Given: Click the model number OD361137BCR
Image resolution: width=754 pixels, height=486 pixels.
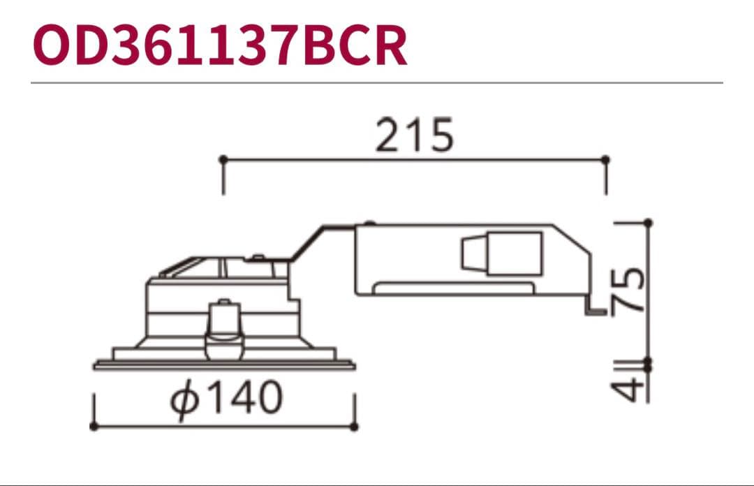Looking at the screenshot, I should tap(219, 46).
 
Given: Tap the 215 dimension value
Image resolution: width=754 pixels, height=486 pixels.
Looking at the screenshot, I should tap(415, 135).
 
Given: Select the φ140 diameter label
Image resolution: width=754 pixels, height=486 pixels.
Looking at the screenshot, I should tap(228, 398).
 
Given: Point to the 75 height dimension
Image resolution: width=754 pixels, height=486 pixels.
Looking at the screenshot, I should tap(628, 290).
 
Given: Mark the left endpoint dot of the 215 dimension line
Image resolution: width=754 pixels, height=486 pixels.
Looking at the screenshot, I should tap(223, 160).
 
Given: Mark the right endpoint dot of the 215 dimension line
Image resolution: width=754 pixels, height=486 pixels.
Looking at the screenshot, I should tap(605, 160).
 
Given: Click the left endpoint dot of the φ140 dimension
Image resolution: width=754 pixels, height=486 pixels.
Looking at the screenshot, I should tap(94, 426).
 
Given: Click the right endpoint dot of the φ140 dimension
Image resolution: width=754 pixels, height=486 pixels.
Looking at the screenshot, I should tap(355, 426).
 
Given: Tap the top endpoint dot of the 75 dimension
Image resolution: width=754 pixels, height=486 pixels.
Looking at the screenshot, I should tap(648, 223).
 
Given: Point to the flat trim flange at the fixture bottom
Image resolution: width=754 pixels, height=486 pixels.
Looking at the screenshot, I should tap(224, 364).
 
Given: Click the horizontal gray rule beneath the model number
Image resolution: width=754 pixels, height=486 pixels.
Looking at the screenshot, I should tap(377, 82).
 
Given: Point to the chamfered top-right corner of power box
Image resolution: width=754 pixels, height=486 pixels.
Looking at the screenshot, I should tap(573, 237).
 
